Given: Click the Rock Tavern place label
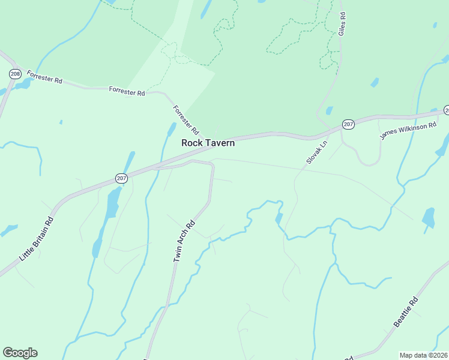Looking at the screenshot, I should click(x=208, y=143).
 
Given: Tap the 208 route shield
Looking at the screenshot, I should click(x=14, y=73).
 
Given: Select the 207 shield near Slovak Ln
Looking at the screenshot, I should click(x=348, y=124).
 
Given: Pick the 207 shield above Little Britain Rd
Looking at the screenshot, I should click(x=121, y=178).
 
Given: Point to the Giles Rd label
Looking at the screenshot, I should click(x=342, y=25).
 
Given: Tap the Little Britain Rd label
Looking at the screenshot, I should click(x=37, y=238).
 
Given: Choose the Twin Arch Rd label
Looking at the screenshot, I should click(x=184, y=242).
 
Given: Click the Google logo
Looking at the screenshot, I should click(x=20, y=353).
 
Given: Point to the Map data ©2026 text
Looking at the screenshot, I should click(x=423, y=355).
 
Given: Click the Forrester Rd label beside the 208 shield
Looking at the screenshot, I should click(x=44, y=79).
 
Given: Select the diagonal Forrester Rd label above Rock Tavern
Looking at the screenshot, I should click(x=186, y=119).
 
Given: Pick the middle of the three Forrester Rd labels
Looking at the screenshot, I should click(x=127, y=92).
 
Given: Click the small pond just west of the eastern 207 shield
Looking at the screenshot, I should click(x=329, y=110).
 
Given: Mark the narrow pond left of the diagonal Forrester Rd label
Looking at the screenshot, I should click(x=170, y=130).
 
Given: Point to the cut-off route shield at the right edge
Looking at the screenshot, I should click(x=446, y=110).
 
